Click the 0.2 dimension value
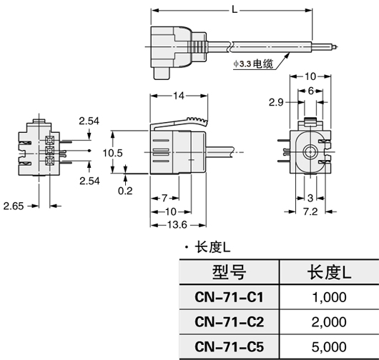point(126,191)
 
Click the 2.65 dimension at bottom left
point(14,206)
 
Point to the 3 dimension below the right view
point(310,197)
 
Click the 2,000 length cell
point(329,321)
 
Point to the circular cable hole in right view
point(310,152)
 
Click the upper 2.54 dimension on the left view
point(89,121)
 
